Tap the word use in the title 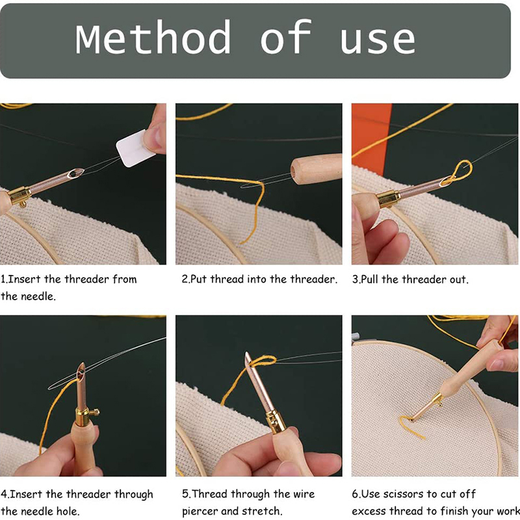(x=378, y=41)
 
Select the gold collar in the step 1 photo (x=19, y=196)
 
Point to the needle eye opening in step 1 (x=75, y=173)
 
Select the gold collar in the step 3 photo (x=388, y=198)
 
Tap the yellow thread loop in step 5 (x=263, y=361)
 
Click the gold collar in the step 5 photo (x=275, y=421)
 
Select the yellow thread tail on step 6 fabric (x=412, y=427)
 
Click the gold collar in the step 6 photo (x=437, y=400)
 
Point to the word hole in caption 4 (x=68, y=511)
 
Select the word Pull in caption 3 (x=370, y=279)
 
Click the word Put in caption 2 (x=199, y=279)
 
